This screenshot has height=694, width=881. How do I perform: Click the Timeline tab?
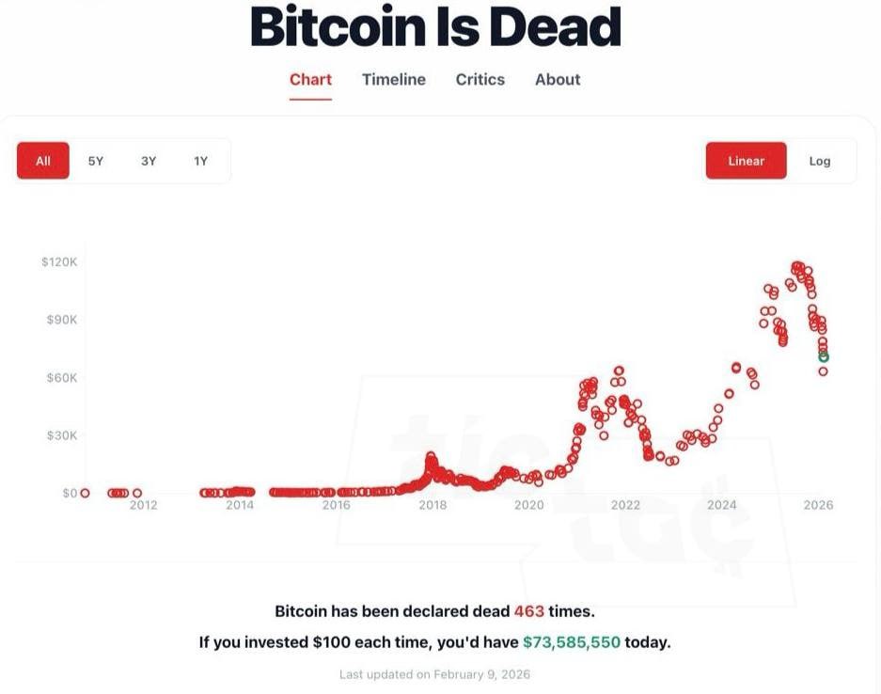(x=393, y=80)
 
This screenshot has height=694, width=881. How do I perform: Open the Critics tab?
(x=480, y=80)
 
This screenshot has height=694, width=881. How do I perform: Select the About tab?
(x=558, y=80)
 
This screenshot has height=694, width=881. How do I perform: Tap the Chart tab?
(x=310, y=80)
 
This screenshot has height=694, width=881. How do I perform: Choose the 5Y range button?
(x=96, y=161)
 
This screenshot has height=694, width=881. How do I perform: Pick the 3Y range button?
(x=149, y=161)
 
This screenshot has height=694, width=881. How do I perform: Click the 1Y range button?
(x=200, y=161)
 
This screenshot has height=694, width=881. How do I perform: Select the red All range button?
(x=43, y=161)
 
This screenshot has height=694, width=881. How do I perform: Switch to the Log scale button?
(x=820, y=161)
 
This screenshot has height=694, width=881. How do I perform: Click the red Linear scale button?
(x=746, y=161)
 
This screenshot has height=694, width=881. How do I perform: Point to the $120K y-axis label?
(x=59, y=261)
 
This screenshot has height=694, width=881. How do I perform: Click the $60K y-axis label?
(x=62, y=378)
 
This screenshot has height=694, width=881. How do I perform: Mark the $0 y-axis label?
(x=70, y=494)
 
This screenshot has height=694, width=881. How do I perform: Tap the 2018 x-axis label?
(x=433, y=506)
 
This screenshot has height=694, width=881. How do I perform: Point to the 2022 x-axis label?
(x=625, y=506)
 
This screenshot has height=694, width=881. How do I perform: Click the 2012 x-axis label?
(x=143, y=506)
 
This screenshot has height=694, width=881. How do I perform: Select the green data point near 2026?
(x=824, y=357)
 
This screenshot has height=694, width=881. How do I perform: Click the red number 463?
(x=528, y=611)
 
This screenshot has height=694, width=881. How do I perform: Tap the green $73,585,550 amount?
(x=571, y=643)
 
